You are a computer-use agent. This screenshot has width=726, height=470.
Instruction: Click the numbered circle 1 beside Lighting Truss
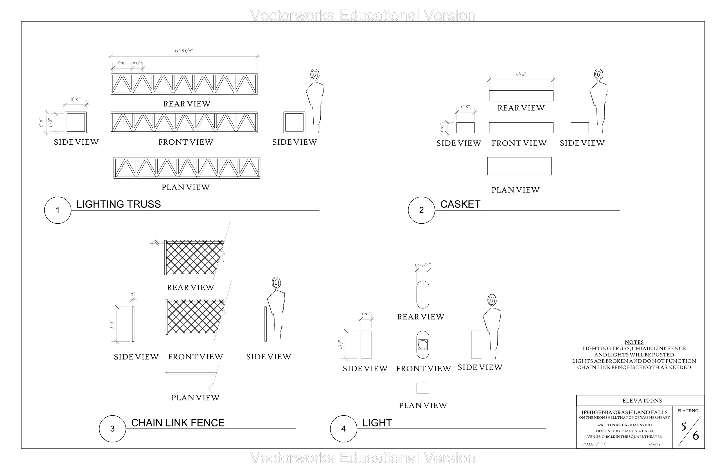click(x=58, y=210)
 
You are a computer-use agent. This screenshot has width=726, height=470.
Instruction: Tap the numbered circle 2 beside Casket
click(x=421, y=210)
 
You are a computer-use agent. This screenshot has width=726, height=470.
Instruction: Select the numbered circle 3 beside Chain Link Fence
click(x=112, y=428)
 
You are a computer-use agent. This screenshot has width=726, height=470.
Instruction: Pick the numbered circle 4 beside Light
click(x=343, y=428)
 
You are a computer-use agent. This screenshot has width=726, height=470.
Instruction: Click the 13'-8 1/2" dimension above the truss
click(x=184, y=51)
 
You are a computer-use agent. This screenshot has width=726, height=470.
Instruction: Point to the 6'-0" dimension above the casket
click(x=521, y=74)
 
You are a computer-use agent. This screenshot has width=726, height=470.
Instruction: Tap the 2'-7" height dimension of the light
click(x=341, y=345)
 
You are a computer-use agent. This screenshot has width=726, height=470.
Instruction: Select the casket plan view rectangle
click(x=519, y=166)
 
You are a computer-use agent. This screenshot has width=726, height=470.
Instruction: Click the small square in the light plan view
click(x=423, y=388)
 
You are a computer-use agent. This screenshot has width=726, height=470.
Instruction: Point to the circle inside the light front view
click(x=423, y=345)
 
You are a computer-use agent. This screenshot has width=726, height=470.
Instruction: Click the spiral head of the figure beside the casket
click(x=599, y=75)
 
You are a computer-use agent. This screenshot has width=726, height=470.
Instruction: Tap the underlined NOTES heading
click(x=634, y=342)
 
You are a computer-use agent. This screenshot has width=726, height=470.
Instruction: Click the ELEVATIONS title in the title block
click(x=642, y=400)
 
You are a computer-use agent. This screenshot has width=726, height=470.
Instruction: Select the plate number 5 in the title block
click(x=684, y=426)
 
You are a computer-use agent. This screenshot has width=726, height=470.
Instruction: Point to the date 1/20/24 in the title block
click(x=654, y=444)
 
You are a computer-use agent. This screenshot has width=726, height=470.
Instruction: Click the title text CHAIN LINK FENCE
click(x=177, y=423)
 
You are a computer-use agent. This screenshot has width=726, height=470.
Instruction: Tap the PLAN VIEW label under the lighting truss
click(x=186, y=187)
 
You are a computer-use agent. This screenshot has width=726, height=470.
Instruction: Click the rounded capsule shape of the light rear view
click(x=423, y=295)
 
